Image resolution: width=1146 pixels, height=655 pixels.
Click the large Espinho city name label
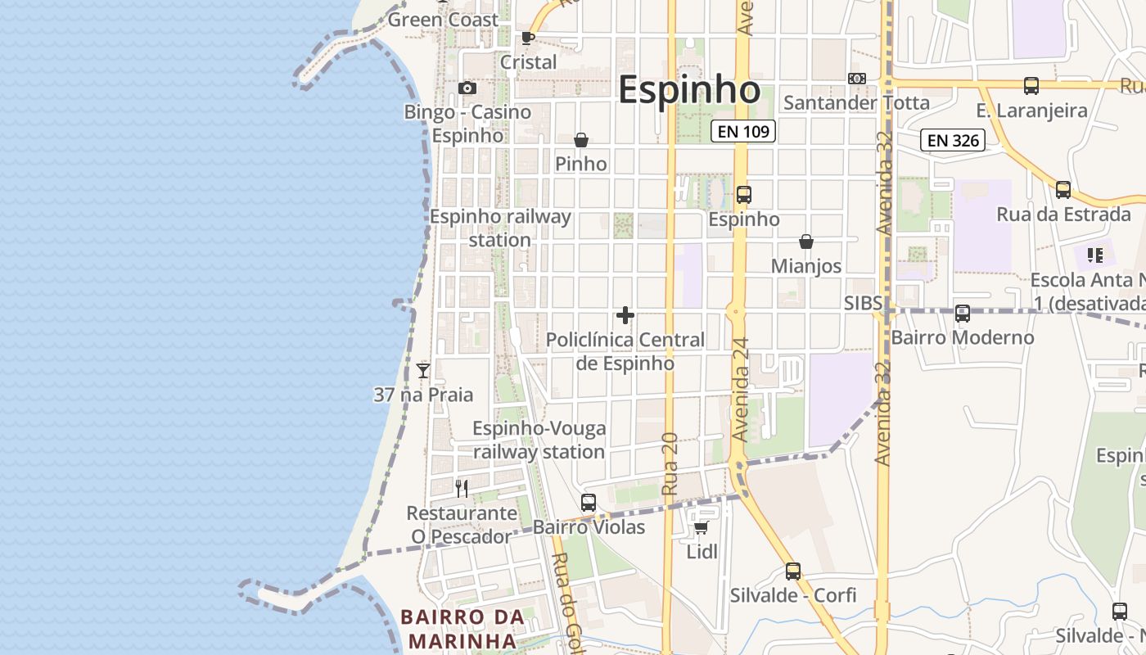coord(688,90)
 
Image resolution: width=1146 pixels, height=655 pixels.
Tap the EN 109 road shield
coord(742,131)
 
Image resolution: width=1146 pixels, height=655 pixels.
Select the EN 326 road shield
coord(954,140)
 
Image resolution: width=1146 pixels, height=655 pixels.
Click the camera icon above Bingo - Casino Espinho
coord(467,88)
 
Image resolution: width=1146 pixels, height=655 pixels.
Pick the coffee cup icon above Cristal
coord(528,38)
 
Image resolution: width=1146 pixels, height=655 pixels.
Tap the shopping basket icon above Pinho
coord(581,140)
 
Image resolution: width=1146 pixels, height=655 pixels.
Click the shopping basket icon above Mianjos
coord(806,242)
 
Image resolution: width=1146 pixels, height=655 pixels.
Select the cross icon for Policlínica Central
coord(625,315)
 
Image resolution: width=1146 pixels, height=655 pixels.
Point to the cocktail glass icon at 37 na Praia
coord(423,371)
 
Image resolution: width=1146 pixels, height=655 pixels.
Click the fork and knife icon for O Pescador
coord(462,489)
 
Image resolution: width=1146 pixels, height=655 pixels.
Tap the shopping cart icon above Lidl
coord(701,527)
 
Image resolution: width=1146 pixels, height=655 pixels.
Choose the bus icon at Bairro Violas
coord(589,503)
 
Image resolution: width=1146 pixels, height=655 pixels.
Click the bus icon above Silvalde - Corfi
coord(793,571)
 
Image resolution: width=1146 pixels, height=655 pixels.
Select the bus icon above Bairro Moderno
coord(963,313)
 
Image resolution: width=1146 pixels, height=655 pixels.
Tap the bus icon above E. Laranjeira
coord(1031,86)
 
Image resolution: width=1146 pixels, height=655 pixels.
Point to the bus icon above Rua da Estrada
coord(1063,190)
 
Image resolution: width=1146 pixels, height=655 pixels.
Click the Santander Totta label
coord(856,103)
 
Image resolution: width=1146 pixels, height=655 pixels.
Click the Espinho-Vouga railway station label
coord(539,440)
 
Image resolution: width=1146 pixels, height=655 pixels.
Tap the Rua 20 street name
coord(670,463)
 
